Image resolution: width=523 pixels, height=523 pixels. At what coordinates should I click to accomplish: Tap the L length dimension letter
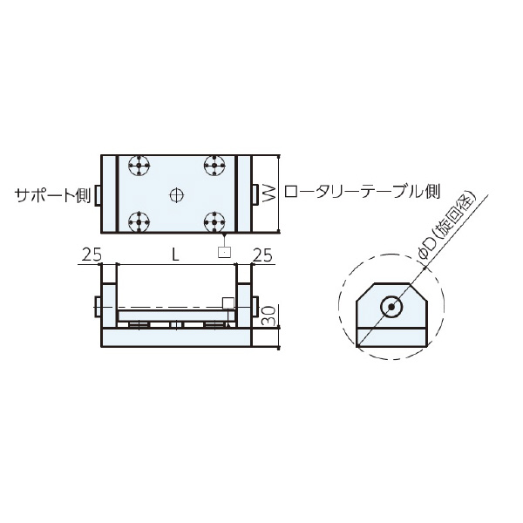click(175, 255)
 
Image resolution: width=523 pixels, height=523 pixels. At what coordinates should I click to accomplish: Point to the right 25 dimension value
click(261, 255)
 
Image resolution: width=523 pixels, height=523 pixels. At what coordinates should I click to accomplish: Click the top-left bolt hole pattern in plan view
click(138, 165)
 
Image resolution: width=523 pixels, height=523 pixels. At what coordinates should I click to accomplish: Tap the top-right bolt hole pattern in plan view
click(214, 165)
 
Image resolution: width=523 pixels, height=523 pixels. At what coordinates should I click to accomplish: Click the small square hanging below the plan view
click(225, 252)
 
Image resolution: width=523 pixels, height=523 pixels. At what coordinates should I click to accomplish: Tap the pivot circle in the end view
click(391, 307)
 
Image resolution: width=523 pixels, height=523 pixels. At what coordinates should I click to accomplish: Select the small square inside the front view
click(228, 302)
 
